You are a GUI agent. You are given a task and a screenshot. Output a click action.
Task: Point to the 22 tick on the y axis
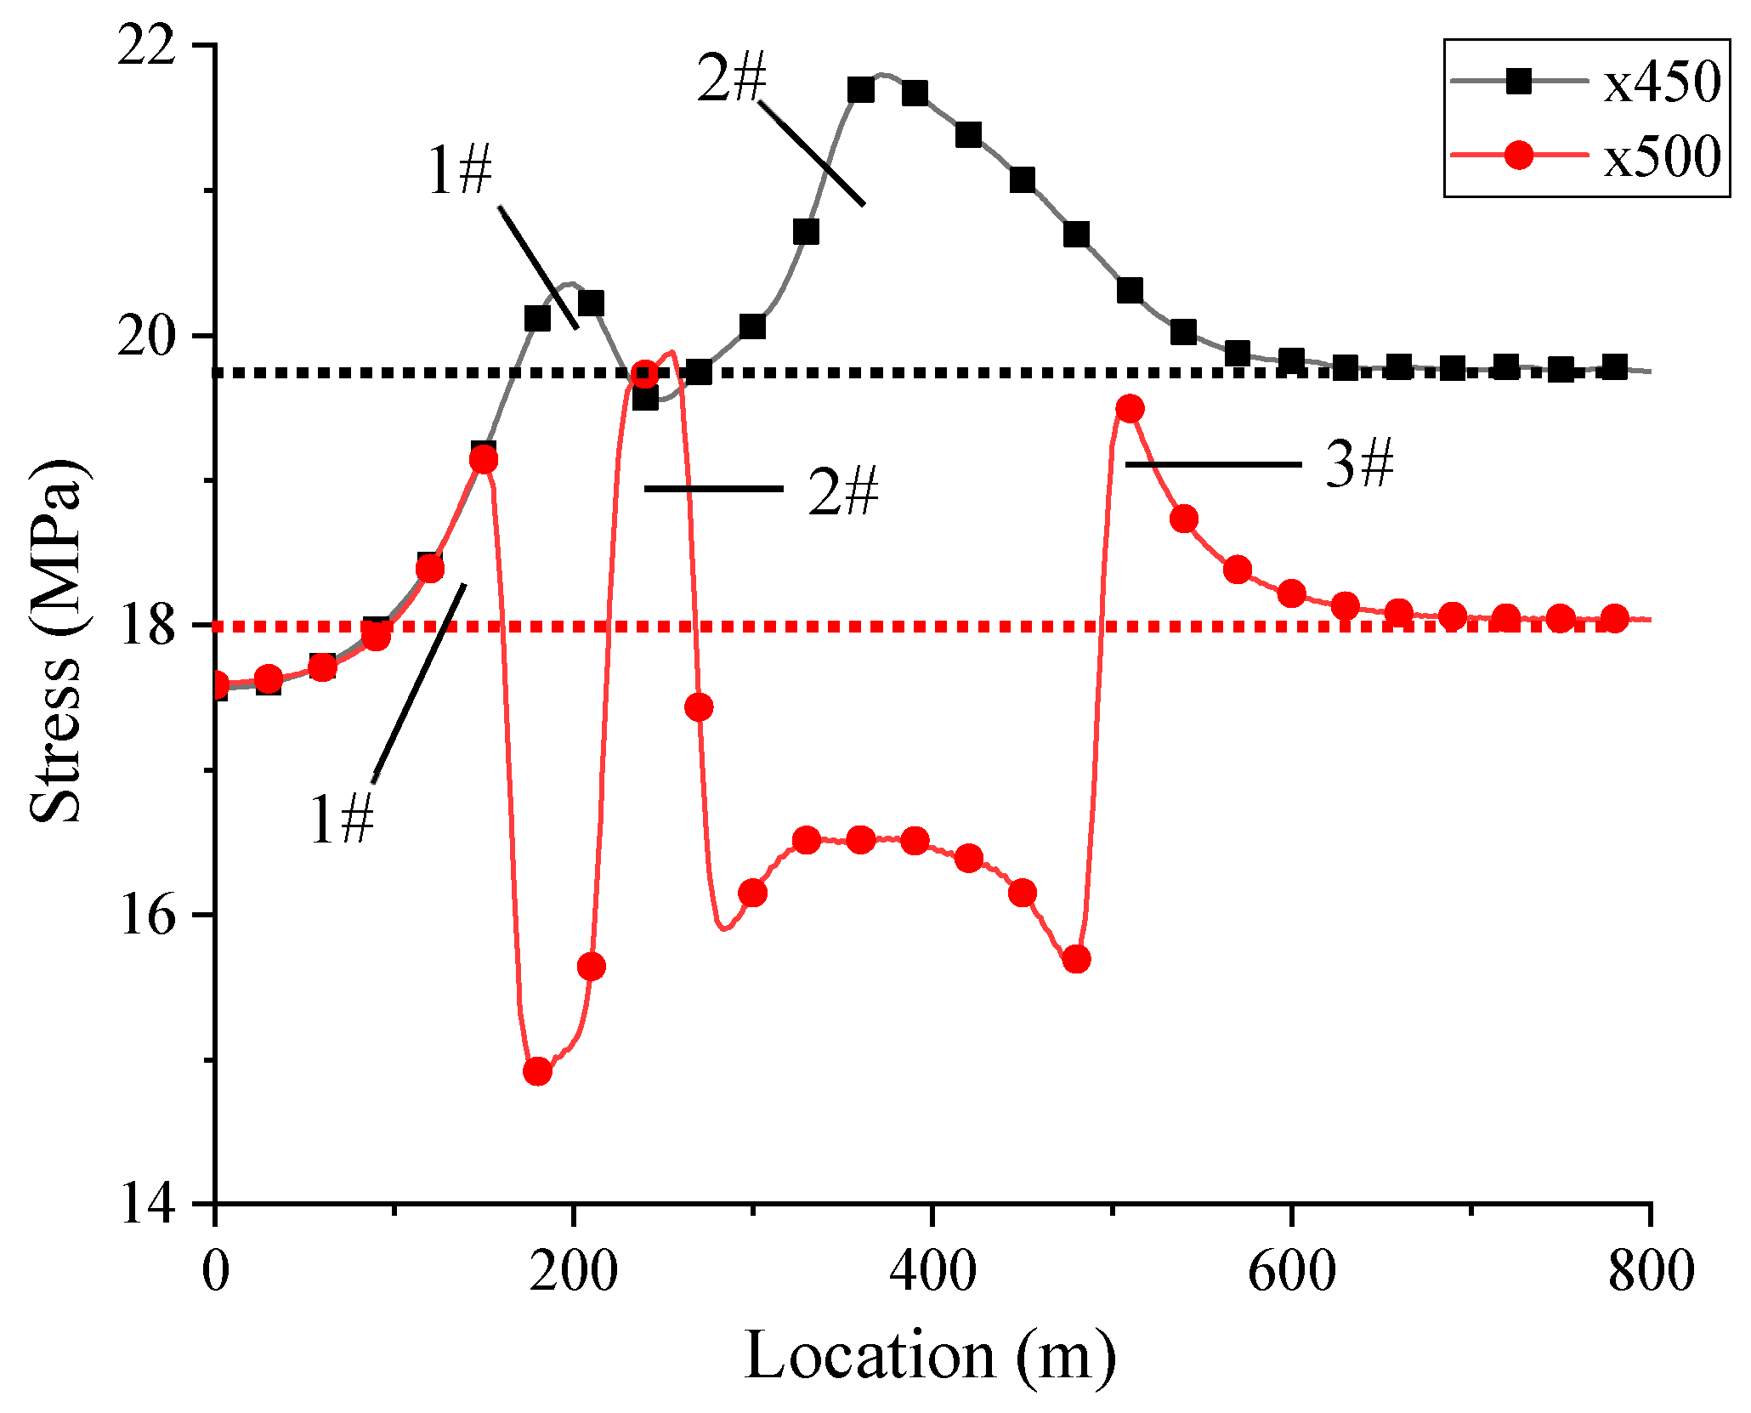tap(146, 46)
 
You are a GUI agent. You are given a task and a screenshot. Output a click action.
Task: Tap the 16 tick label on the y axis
tap(146, 916)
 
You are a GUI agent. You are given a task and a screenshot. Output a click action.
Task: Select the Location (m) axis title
tap(931, 1355)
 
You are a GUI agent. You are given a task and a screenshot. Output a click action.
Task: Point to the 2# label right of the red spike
tap(842, 491)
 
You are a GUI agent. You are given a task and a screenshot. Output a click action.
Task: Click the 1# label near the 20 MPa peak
tap(460, 171)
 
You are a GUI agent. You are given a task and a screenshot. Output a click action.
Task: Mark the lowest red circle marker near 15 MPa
tap(537, 1071)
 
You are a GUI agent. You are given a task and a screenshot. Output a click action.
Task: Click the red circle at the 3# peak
tap(1129, 409)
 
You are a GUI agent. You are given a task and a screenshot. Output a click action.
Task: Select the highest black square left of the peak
tap(861, 90)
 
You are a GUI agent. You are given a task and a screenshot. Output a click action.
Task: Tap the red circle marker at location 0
tap(217, 685)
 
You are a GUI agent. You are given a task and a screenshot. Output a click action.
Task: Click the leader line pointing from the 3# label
tap(1213, 464)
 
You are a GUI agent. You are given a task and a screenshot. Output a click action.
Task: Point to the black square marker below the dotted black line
tap(645, 397)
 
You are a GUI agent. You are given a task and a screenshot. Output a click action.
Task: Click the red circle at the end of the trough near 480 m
tap(1076, 960)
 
